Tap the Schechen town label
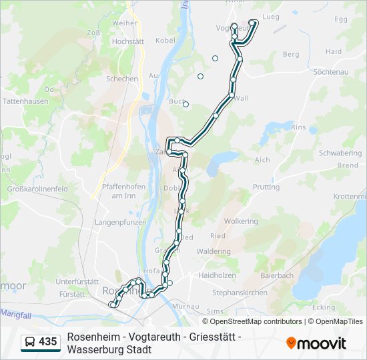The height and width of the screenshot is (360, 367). click(x=122, y=79)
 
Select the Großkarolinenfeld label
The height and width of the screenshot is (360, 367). click(x=37, y=189)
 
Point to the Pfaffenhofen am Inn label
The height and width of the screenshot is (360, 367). click(x=123, y=191)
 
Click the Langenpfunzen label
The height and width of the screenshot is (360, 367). click(x=120, y=221)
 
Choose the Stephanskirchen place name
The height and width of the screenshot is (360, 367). click(x=240, y=292)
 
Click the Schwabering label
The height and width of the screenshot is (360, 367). click(x=340, y=153)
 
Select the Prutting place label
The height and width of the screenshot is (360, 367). click(x=266, y=187)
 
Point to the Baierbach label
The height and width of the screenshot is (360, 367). click(x=277, y=275)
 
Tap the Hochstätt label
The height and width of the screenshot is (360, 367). click(x=123, y=41)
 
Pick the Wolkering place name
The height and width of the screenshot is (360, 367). click(x=241, y=221)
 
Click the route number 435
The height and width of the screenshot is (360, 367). click(x=48, y=342)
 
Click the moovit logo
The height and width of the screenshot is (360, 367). click(x=316, y=343)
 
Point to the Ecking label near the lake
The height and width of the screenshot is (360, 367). click(x=324, y=307)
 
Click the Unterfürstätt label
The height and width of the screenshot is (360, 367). click(x=77, y=281)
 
